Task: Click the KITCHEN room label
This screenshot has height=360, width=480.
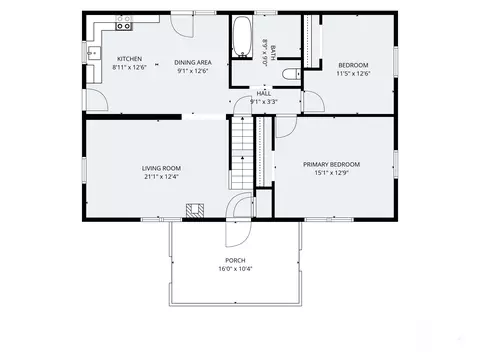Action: click(x=129, y=59)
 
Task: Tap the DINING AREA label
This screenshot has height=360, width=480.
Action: click(x=193, y=63)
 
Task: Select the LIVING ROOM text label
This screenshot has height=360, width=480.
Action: click(x=161, y=169)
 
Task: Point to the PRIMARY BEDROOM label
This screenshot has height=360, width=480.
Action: click(x=331, y=165)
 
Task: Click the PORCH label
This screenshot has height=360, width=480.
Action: click(x=235, y=261)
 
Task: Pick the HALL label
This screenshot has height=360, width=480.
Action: click(x=264, y=94)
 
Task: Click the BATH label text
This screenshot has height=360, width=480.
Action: click(x=273, y=53)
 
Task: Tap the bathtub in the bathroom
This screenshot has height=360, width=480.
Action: click(x=242, y=37)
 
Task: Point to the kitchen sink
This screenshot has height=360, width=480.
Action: click(x=94, y=53)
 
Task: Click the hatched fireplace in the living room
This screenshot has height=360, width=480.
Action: click(x=195, y=211)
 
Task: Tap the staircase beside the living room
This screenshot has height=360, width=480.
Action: click(x=242, y=153)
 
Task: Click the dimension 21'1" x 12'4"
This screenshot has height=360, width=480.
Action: click(x=161, y=177)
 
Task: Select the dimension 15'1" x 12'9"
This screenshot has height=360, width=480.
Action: click(x=331, y=173)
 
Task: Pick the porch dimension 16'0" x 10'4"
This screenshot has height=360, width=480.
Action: click(x=235, y=269)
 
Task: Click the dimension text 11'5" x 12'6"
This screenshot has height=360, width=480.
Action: click(x=353, y=74)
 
